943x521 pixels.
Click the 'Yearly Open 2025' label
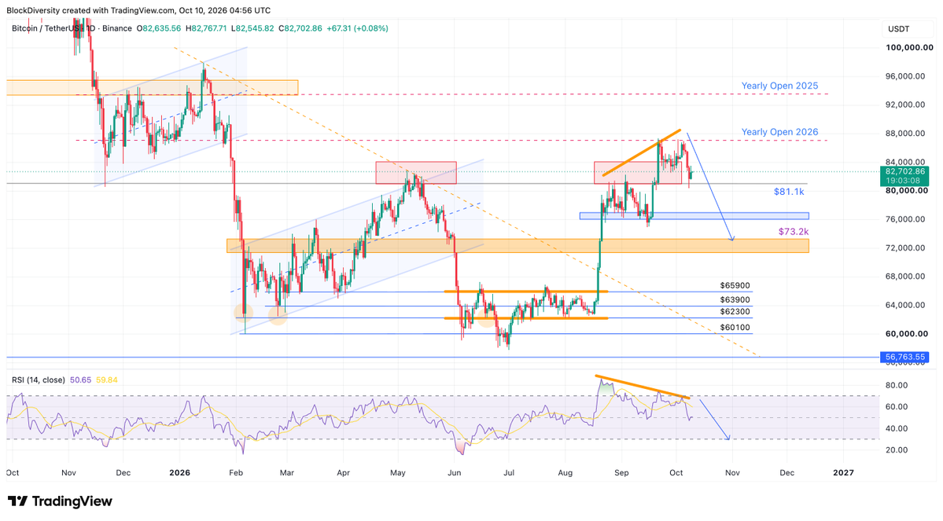[x=779, y=86]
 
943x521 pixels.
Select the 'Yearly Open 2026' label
[x=779, y=132]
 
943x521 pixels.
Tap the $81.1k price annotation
[x=789, y=192]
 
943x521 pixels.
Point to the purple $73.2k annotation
[x=794, y=231]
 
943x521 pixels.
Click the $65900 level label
[x=735, y=286]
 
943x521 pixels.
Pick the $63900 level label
[x=735, y=300]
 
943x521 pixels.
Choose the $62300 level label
[x=735, y=312]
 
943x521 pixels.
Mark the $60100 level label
[x=735, y=328]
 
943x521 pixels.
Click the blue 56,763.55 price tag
[x=904, y=357]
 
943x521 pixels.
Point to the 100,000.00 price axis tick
[x=905, y=47]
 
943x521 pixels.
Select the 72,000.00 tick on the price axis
[x=905, y=248]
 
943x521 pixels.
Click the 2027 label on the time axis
[x=843, y=473]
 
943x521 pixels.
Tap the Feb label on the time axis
[x=236, y=473]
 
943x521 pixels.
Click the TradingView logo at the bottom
[x=60, y=501]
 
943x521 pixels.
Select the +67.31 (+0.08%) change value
[x=357, y=28]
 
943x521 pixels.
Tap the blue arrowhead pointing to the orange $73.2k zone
[x=732, y=239]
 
